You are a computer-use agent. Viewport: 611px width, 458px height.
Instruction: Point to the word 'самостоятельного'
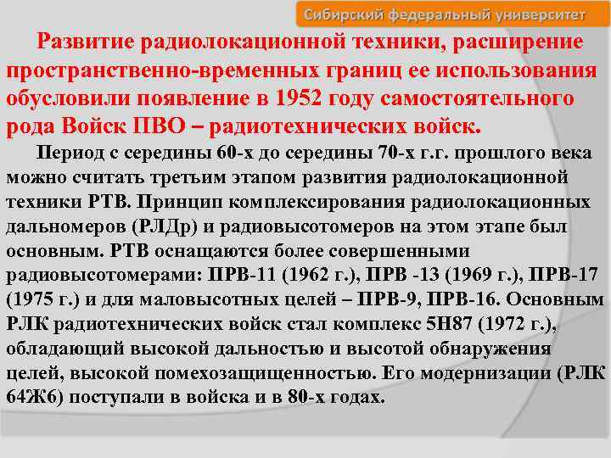[x=489, y=98]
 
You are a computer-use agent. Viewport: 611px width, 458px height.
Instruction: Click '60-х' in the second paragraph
[x=233, y=156]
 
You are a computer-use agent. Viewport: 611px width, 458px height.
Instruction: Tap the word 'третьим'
[x=177, y=180]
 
